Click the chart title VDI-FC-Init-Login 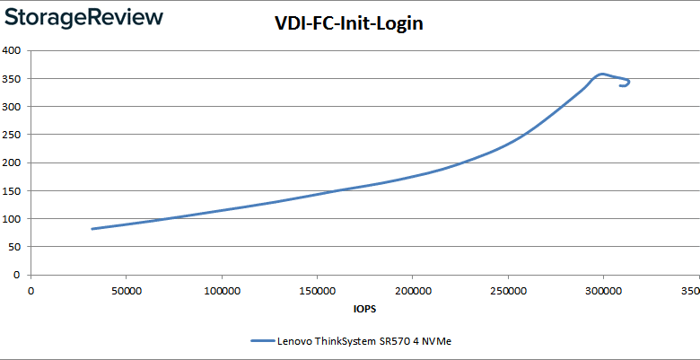[348, 24]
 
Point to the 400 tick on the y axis [13, 50]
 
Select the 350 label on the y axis [13, 79]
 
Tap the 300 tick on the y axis [13, 107]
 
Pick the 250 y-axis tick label [13, 135]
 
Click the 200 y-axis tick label [13, 162]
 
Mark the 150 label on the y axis [13, 191]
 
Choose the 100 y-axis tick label [13, 219]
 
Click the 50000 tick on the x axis [126, 290]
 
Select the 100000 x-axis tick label [221, 290]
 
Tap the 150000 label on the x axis [316, 290]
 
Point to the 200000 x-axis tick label [412, 290]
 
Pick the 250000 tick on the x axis [507, 290]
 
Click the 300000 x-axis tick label [602, 290]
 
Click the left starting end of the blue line [92, 229]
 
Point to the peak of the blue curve [602, 74]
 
